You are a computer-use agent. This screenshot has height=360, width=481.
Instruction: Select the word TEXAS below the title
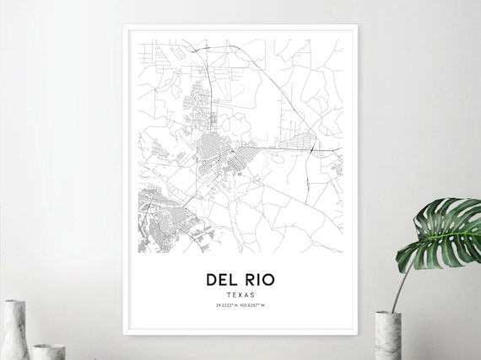pos(240,295)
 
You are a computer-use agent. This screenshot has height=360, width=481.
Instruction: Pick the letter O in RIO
pos(268,279)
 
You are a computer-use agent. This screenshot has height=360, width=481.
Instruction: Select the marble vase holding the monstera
pos(386,335)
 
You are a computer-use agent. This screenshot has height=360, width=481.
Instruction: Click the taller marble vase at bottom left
pos(14,330)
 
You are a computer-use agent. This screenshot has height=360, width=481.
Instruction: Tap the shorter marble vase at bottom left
pos(48,351)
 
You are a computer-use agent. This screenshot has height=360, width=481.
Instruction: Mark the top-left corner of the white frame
pos(124,26)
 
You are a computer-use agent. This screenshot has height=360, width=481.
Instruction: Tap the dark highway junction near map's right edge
pos(313,149)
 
